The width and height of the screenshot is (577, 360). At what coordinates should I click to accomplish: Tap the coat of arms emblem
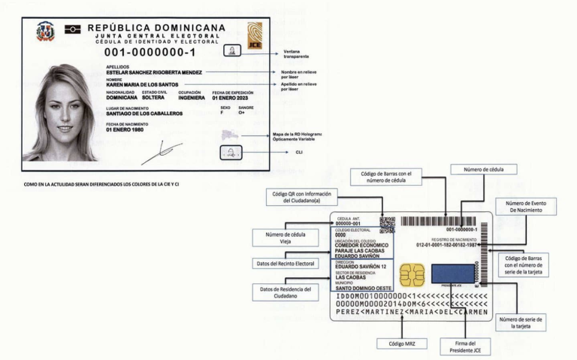[x=45, y=31]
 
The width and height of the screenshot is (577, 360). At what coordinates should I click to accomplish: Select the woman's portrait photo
[x=60, y=113]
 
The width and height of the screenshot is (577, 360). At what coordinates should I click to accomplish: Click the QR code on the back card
[x=387, y=225]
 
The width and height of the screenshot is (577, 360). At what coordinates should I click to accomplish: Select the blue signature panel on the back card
[x=453, y=273]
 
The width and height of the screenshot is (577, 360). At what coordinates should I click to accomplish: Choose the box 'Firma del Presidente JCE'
[x=465, y=347]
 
